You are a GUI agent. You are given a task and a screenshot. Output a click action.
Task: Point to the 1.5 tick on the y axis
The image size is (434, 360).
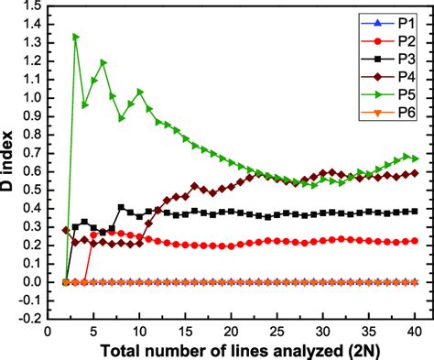click(29, 6)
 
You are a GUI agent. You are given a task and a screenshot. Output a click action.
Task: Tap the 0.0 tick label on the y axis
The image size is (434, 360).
click(29, 282)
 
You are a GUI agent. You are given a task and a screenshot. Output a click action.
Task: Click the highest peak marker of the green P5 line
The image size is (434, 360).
click(75, 37)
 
